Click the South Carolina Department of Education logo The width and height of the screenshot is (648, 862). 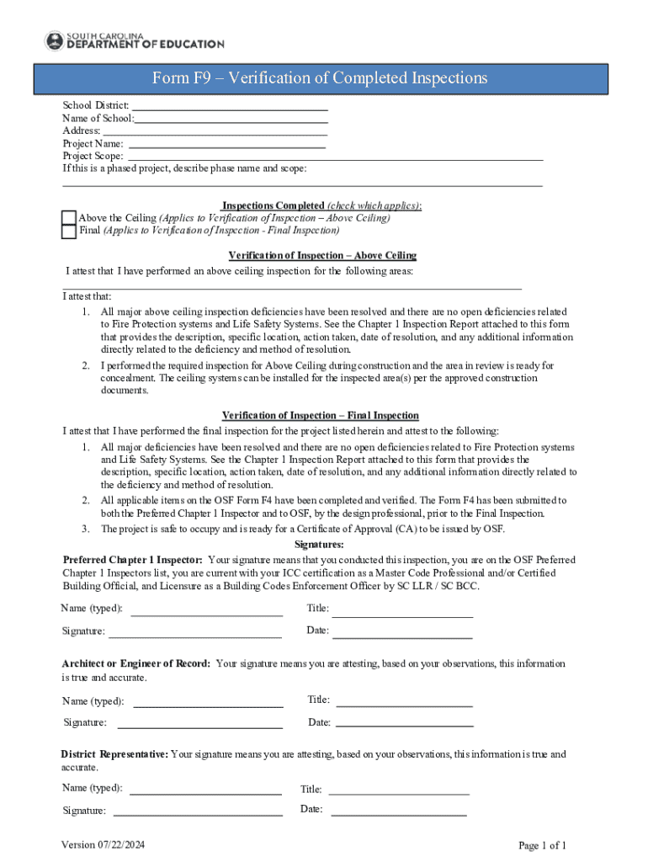click(134, 40)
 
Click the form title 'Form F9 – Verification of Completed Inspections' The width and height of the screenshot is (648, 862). click(319, 78)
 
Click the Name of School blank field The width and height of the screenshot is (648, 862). click(231, 119)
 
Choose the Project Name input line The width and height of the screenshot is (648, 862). click(227, 144)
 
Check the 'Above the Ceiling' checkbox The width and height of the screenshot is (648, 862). click(69, 218)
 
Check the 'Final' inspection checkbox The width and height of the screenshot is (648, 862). click(69, 231)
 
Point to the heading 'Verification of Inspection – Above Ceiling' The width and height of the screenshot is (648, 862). click(322, 255)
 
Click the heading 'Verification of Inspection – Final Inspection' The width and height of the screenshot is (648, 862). click(320, 416)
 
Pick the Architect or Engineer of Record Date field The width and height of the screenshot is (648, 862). click(403, 722)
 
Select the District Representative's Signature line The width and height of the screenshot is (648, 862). click(198, 812)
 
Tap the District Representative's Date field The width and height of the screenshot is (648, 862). click(399, 811)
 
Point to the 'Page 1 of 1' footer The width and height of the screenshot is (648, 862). click(542, 845)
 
